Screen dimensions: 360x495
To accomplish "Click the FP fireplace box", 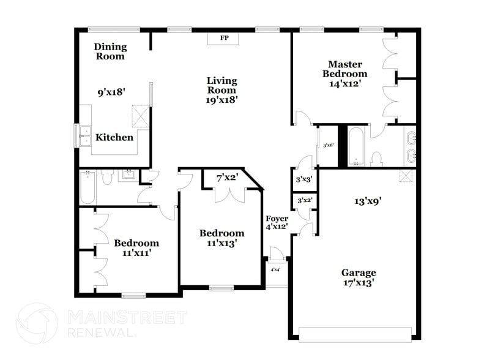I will [225, 39].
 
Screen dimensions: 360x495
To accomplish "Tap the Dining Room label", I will [110, 51].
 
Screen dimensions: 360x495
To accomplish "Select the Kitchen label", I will [114, 137].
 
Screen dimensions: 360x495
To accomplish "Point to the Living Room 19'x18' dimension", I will [221, 99].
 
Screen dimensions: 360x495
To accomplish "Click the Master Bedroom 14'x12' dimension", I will [345, 84].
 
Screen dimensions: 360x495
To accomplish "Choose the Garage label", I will [359, 272].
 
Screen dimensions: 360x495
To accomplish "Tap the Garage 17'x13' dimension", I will [359, 283].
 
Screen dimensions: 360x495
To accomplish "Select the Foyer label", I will [277, 219].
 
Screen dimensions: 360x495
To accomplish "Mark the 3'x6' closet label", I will [328, 145].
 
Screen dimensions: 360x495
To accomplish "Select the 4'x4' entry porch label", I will [275, 269].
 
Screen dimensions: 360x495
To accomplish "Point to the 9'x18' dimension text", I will [112, 92].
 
